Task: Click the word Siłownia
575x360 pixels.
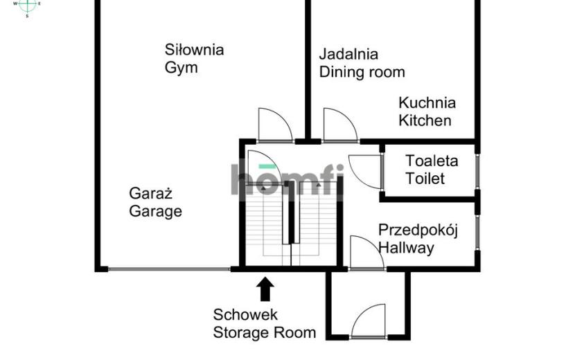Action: (195, 50)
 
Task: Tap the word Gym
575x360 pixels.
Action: (181, 68)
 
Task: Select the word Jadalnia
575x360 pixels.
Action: (348, 54)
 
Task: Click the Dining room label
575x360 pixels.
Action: (362, 72)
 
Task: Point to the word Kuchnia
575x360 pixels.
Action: (427, 102)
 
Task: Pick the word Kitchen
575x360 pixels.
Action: (425, 120)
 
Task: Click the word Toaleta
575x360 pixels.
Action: (432, 161)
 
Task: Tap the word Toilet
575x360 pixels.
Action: (425, 179)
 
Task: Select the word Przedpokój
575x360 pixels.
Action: (418, 231)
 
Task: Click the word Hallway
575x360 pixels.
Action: (407, 248)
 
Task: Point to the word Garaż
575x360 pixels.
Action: (151, 193)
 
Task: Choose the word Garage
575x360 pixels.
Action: (155, 212)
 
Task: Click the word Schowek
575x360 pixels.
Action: (245, 315)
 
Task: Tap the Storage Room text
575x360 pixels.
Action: (265, 333)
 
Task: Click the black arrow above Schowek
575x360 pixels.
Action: (265, 289)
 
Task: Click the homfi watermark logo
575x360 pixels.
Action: (287, 179)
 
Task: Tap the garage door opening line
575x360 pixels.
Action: (169, 269)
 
